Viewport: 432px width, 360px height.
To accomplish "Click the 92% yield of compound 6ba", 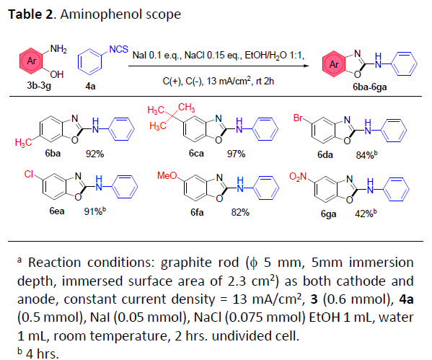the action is coord(94,154).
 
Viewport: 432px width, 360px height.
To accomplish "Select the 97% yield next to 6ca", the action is coord(236,154).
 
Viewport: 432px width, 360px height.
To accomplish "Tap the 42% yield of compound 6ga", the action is coord(364,214).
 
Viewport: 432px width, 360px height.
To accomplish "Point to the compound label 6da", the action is coord(325,155).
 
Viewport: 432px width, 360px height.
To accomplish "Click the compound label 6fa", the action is coord(197,212).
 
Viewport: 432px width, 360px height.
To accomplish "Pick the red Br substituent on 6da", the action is coord(298,118).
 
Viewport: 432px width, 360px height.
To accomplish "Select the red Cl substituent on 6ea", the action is coord(29,174).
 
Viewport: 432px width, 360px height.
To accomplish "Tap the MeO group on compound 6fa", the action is coord(167,175).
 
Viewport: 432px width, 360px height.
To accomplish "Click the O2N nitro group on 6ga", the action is coord(298,177).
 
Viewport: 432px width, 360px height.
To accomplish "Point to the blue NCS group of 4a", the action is coord(119,49).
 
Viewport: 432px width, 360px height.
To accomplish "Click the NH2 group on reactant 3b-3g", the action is coord(58,49).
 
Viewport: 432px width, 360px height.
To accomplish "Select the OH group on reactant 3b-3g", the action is coord(57,74).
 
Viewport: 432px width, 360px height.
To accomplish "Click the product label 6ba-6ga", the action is coord(370,87).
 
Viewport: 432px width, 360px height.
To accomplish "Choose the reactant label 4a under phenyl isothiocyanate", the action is coord(90,87).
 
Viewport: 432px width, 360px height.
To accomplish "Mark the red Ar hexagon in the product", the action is coord(333,64).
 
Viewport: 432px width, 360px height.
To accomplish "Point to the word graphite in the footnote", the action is coord(185,263).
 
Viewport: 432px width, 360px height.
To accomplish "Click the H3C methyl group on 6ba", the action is coord(23,143).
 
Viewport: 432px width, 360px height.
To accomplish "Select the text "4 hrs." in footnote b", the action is coord(43,354).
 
